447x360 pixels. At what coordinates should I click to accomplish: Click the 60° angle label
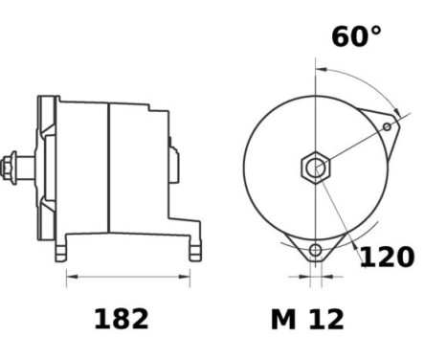[356, 37]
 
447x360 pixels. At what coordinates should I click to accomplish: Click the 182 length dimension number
[121, 319]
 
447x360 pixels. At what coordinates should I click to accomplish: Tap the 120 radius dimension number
[387, 257]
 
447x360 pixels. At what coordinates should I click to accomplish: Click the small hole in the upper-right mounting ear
[387, 126]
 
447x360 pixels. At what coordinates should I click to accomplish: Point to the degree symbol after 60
[375, 31]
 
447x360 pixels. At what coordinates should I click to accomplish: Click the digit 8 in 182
[121, 319]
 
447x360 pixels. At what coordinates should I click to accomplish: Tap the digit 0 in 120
[405, 257]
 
